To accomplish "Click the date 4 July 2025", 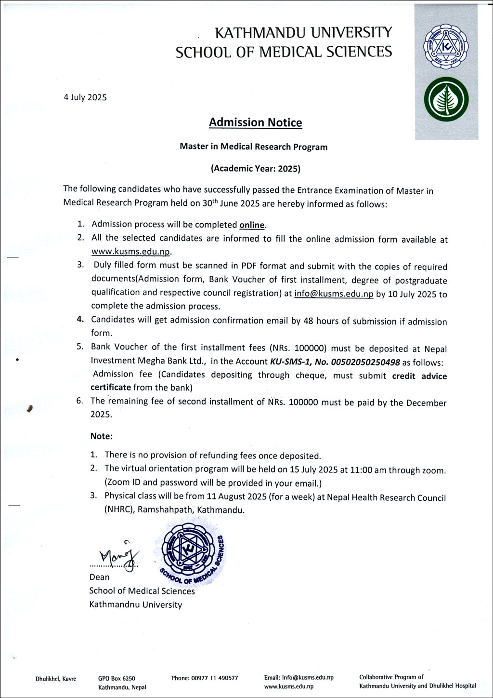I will click(x=85, y=97).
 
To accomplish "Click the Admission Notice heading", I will click(x=255, y=122).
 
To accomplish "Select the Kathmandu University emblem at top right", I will click(x=445, y=48).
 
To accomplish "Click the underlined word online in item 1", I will click(x=252, y=225).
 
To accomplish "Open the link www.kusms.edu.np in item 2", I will click(x=131, y=252).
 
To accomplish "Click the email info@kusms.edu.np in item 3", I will click(x=334, y=294).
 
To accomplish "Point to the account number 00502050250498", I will click(x=368, y=362).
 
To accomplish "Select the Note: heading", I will click(x=102, y=436).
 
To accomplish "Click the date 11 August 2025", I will click(x=228, y=497).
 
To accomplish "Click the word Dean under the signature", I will click(x=99, y=577).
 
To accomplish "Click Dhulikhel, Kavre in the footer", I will click(x=56, y=679).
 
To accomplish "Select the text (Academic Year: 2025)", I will click(x=255, y=169).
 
